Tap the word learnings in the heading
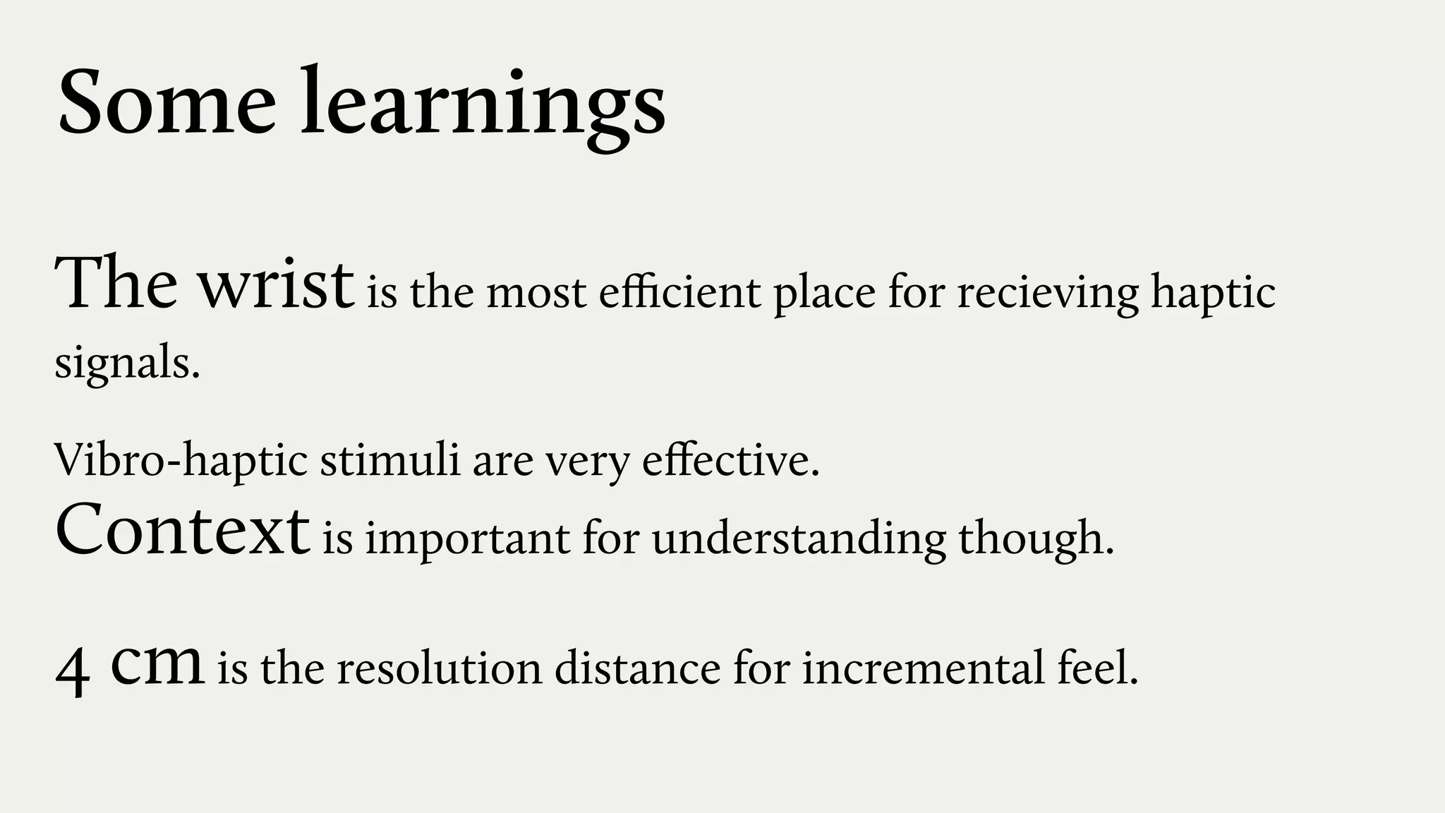pos(483,104)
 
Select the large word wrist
pos(275,285)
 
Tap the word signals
pos(127,365)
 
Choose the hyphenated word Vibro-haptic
pos(181,460)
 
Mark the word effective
pos(731,460)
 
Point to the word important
pos(468,539)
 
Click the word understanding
pos(799,539)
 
